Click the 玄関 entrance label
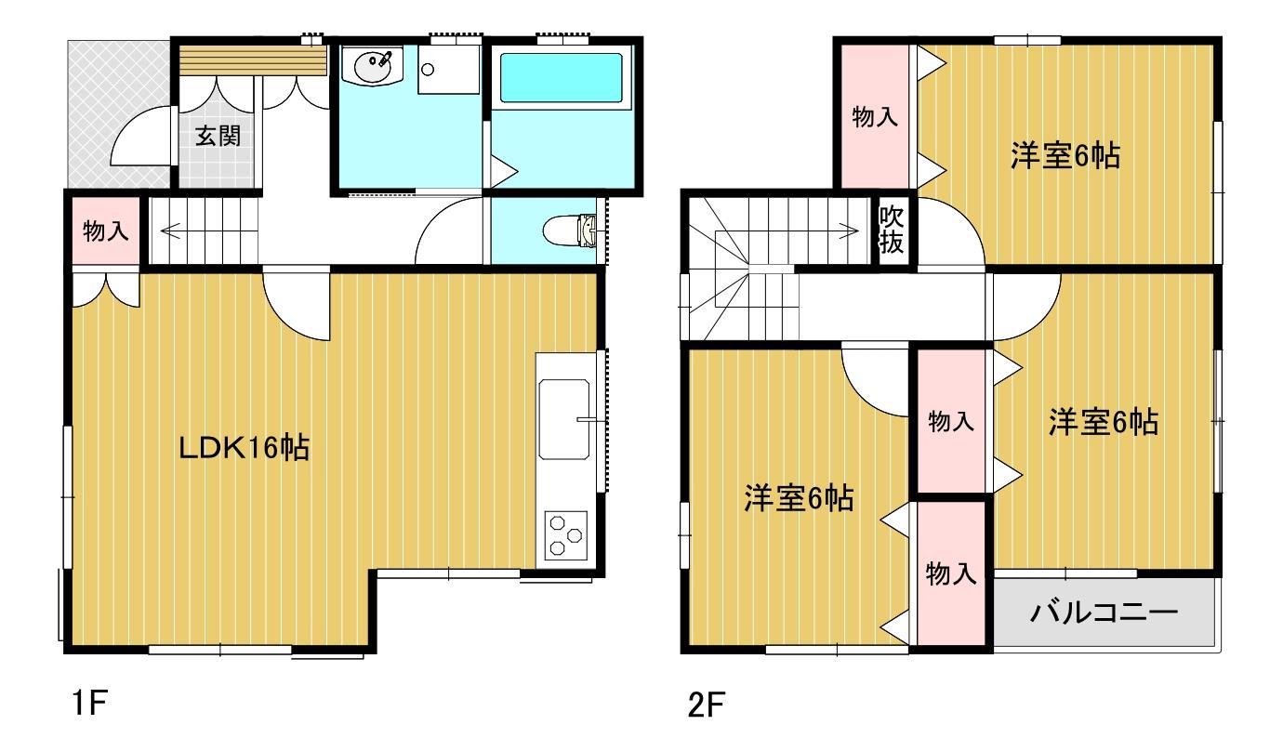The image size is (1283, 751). [218, 137]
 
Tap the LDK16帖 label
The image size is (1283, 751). [245, 449]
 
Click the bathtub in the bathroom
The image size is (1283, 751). [561, 77]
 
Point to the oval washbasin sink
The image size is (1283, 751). [375, 66]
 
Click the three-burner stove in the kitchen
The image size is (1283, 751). [563, 535]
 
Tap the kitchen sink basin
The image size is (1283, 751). [564, 419]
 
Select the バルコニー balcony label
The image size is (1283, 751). [1104, 613]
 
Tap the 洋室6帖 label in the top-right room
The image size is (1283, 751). [1065, 155]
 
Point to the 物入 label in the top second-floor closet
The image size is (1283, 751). [875, 117]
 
